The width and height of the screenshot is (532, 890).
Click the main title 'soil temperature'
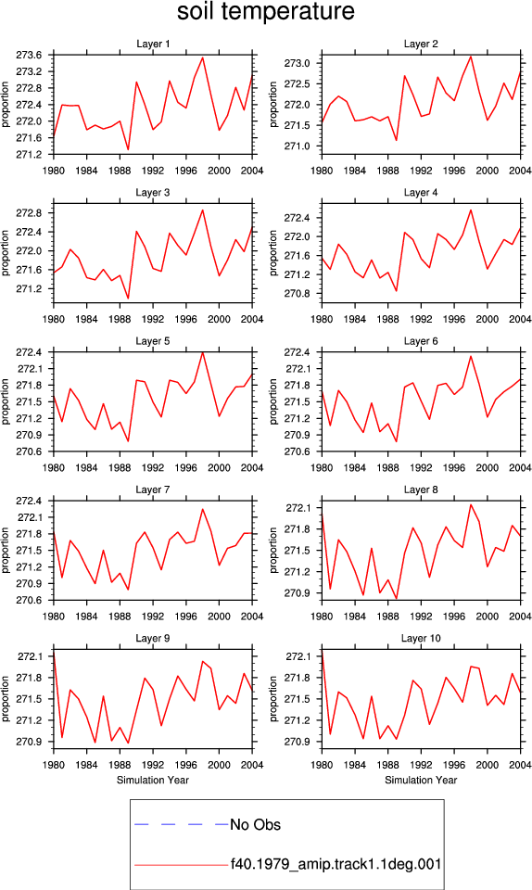tap(265, 12)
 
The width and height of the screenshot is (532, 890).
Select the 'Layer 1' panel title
tap(153, 44)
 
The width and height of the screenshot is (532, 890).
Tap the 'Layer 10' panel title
tap(421, 638)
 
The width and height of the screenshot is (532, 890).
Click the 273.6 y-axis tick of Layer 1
tap(29, 55)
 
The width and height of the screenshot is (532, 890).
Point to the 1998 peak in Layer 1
tap(202, 57)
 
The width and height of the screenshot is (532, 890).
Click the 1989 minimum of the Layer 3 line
tap(128, 298)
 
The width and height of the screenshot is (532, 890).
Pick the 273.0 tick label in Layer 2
tap(298, 63)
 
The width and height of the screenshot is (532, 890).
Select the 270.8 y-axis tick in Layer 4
tap(298, 294)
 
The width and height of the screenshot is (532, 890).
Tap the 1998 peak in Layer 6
tap(471, 356)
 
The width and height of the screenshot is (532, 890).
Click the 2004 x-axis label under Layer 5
tap(252, 467)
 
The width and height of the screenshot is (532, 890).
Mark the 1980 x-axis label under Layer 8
tap(322, 617)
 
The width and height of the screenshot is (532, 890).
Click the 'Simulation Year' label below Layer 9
tap(153, 780)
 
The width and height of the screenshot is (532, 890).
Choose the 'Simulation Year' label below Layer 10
tap(421, 780)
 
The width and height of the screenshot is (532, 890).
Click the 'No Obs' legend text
tap(255, 825)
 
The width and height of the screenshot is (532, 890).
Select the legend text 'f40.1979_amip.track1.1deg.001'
tap(336, 865)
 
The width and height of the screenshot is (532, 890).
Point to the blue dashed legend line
tap(182, 824)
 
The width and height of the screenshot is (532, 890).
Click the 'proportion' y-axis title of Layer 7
tap(6, 550)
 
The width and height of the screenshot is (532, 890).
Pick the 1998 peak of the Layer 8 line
tap(471, 504)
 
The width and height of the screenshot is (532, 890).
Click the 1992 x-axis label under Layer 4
tap(421, 319)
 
